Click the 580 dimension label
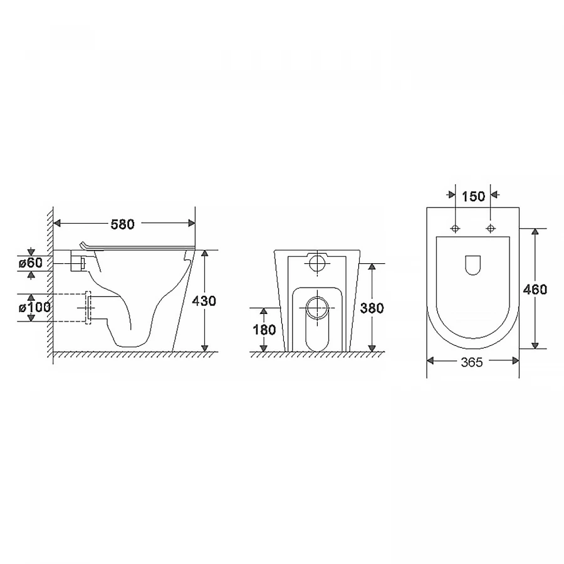122,224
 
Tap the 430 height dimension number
204,301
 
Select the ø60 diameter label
31,263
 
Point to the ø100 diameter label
34,308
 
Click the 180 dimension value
264,330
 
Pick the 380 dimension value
372,308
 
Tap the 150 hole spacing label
473,197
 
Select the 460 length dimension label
535,289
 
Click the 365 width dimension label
472,362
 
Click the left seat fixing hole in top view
456,228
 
